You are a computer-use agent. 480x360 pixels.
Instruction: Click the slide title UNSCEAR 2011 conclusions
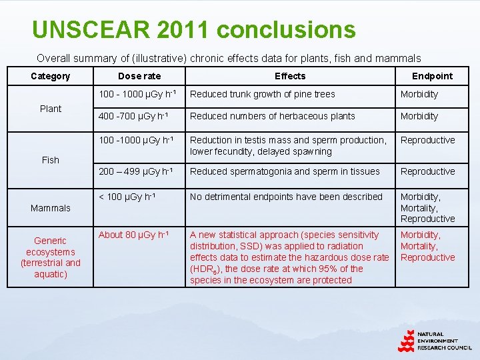click(193, 29)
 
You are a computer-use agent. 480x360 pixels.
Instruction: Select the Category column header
click(50, 76)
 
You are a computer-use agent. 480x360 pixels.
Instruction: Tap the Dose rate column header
click(139, 76)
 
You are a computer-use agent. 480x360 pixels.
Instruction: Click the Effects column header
click(290, 76)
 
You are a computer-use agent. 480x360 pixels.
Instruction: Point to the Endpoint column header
click(432, 76)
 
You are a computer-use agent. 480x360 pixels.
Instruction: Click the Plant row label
click(51, 109)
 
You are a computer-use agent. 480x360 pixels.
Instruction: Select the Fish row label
click(51, 160)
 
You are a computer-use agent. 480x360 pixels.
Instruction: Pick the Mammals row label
click(51, 208)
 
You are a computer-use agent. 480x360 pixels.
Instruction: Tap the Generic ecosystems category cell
click(51, 257)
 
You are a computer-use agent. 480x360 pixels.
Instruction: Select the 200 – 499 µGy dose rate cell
click(137, 171)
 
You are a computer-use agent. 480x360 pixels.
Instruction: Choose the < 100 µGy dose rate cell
click(127, 197)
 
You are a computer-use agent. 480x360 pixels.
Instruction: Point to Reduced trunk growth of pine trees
click(263, 94)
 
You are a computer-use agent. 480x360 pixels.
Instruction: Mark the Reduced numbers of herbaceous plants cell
click(273, 116)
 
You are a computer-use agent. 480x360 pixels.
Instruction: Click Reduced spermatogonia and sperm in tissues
click(285, 171)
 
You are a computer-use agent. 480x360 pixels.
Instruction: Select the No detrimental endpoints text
click(287, 197)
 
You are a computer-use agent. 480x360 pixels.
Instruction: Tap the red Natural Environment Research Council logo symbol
click(406, 341)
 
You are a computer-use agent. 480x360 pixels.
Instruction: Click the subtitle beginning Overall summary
click(229, 58)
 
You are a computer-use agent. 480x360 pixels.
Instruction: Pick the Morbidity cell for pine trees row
click(419, 94)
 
